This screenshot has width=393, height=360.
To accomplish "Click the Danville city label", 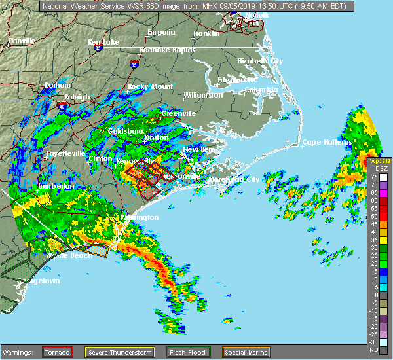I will (x=22, y=41).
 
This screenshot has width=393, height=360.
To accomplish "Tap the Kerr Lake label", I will (x=104, y=42).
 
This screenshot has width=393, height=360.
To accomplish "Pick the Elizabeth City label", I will (x=260, y=61).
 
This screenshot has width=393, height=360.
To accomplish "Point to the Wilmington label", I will (x=139, y=217).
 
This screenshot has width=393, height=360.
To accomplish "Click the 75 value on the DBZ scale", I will (x=374, y=177).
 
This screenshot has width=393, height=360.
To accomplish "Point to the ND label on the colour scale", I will (x=374, y=350).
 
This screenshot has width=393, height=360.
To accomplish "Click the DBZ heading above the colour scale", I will (x=375, y=168).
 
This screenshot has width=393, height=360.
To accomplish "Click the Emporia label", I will (x=161, y=32).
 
